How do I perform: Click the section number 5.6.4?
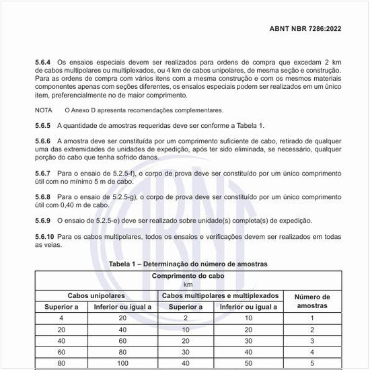(44, 62)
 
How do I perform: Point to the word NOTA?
(44, 110)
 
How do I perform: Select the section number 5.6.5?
(44, 126)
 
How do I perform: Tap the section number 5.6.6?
(44, 141)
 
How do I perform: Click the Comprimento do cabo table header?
(188, 276)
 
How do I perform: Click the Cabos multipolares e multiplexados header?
(220, 296)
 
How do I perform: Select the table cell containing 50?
(248, 363)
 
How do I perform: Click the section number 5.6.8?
(44, 196)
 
